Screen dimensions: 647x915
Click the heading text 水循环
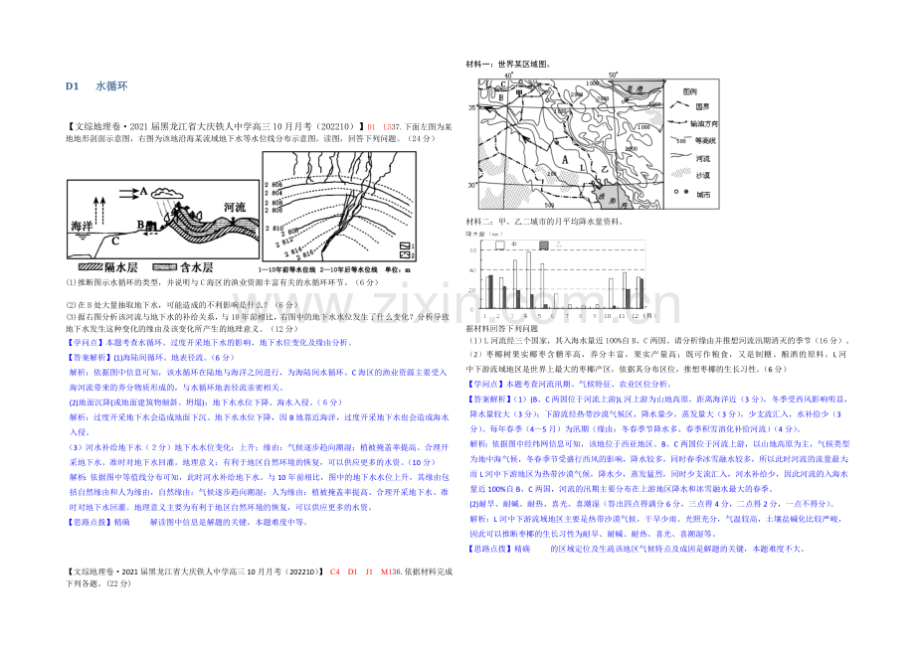(107, 86)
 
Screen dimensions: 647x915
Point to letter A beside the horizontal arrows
(144, 191)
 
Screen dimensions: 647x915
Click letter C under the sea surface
(114, 239)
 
